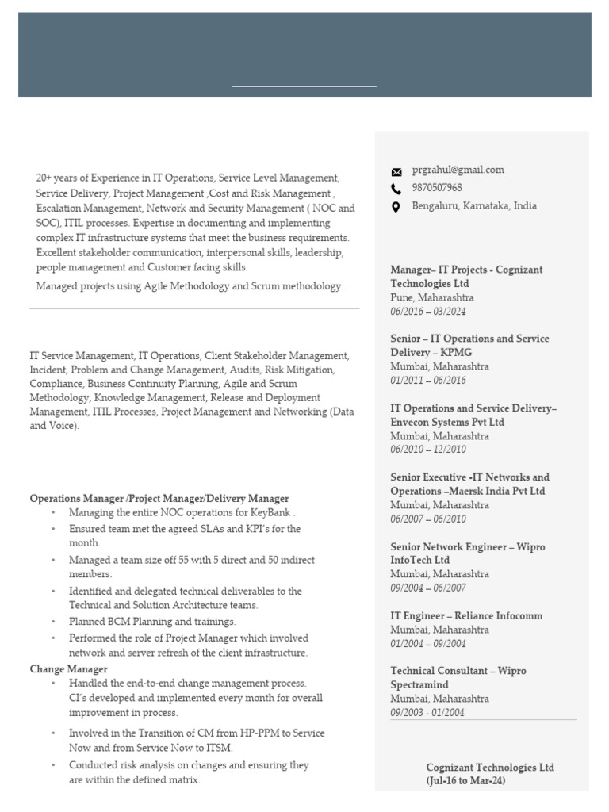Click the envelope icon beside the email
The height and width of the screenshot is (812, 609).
click(396, 171)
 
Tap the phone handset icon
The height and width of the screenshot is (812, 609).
click(396, 189)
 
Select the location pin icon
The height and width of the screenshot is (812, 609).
click(396, 207)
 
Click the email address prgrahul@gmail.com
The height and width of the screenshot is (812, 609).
click(458, 170)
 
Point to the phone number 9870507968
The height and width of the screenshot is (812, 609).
click(437, 188)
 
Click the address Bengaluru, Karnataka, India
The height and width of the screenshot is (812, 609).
click(474, 206)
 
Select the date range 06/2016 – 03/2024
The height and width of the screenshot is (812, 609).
click(428, 312)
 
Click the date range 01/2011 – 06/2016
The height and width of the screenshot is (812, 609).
click(428, 381)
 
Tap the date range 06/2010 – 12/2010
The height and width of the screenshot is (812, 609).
click(428, 450)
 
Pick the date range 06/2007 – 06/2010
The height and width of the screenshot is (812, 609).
click(428, 519)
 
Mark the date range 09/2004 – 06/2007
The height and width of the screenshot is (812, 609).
click(428, 588)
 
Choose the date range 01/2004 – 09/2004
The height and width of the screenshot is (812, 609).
click(428, 644)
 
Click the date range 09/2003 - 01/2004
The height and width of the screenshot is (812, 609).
click(427, 713)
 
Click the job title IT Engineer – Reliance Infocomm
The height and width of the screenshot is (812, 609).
click(466, 616)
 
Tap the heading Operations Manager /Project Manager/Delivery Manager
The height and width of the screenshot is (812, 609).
click(159, 499)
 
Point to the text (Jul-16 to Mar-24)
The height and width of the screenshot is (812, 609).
click(465, 781)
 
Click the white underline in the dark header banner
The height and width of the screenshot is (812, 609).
click(304, 86)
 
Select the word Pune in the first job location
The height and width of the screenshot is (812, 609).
click(402, 297)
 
